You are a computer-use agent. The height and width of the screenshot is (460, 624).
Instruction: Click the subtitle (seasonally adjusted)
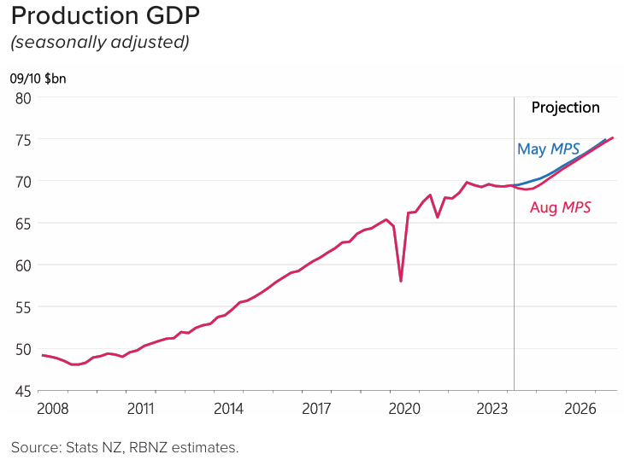pyautogui.click(x=99, y=42)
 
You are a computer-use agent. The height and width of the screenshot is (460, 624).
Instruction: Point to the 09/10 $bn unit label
pyautogui.click(x=38, y=79)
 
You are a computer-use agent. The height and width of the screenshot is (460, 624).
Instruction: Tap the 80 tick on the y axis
pyautogui.click(x=22, y=98)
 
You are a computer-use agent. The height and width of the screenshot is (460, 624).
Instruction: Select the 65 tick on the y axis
pyautogui.click(x=22, y=224)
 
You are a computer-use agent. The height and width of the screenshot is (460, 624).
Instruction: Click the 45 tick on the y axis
pyautogui.click(x=22, y=390)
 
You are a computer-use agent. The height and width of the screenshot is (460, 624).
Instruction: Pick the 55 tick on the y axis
pyautogui.click(x=22, y=307)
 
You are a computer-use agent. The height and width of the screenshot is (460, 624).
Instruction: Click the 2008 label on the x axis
pyautogui.click(x=53, y=409)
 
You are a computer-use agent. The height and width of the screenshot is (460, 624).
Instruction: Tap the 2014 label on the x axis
pyautogui.click(x=228, y=409)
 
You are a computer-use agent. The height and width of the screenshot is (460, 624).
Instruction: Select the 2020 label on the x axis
pyautogui.click(x=404, y=409)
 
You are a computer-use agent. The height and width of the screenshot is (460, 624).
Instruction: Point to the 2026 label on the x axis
pyautogui.click(x=580, y=409)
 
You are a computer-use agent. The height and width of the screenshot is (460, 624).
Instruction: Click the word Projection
pyautogui.click(x=565, y=108)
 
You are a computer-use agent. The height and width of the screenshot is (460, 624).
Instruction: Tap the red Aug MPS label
pyautogui.click(x=560, y=207)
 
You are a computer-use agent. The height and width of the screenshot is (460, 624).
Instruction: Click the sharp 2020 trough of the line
pyautogui.click(x=401, y=281)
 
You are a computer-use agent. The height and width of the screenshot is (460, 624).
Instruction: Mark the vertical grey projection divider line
pyautogui.click(x=514, y=256)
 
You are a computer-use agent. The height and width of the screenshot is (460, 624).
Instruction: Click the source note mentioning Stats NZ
pyautogui.click(x=125, y=446)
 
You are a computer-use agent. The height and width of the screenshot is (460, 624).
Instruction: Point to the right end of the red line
pyautogui.click(x=613, y=137)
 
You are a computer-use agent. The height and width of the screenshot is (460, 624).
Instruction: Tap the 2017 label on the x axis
pyautogui.click(x=316, y=409)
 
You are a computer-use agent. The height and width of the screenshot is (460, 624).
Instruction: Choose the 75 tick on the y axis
pyautogui.click(x=22, y=140)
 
